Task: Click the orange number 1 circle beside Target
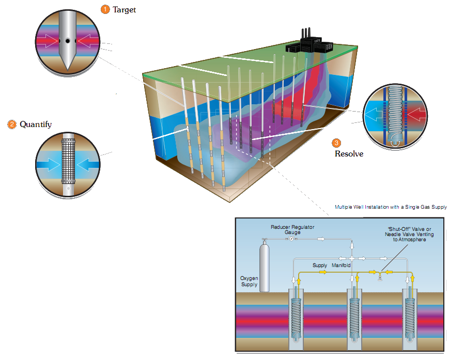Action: coord(105,9)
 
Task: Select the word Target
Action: coord(125,10)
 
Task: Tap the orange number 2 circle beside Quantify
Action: coord(11,124)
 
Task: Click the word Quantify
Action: coord(36,124)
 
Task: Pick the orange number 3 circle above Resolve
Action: coord(337,143)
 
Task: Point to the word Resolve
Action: coord(349,153)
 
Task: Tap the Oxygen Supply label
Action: coord(249,281)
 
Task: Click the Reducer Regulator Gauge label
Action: coord(292,230)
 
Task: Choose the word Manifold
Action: coord(342,265)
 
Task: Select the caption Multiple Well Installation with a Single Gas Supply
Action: coord(391,207)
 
